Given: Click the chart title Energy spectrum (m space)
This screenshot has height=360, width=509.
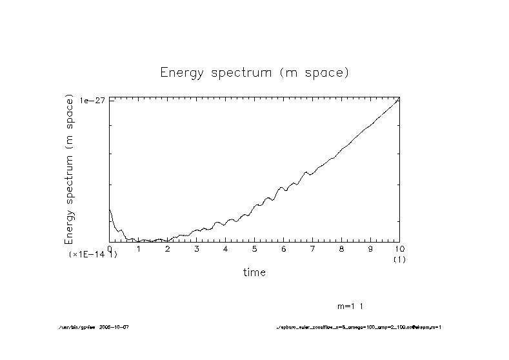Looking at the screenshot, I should tap(254, 72).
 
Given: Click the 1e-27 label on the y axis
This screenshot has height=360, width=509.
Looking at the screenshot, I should tap(93, 101).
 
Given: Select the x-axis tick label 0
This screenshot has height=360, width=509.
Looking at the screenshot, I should tap(110, 248).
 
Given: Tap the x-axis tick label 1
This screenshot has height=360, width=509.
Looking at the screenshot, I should tap(139, 248).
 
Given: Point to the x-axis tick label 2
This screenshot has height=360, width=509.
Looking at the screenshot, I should tap(168, 248).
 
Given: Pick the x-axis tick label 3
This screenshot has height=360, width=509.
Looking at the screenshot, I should tap(197, 248).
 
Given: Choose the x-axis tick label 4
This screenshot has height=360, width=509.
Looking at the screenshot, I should tap(226, 248).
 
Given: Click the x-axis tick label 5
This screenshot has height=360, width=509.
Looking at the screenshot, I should tap(255, 248).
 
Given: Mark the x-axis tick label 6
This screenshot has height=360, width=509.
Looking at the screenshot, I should tap(284, 248).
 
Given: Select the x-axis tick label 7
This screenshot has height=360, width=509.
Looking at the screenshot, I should tap(313, 248).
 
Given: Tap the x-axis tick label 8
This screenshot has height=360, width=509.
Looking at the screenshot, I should tap(342, 248).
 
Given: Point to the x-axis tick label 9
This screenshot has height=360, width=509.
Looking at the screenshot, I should tap(370, 248).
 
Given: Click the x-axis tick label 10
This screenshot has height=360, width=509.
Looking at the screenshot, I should tap(399, 248).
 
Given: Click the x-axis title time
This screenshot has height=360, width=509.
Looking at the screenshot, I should tap(254, 272).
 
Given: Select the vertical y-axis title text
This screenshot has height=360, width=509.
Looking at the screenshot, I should tap(70, 169).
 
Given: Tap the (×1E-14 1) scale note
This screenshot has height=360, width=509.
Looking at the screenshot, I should tap(94, 255).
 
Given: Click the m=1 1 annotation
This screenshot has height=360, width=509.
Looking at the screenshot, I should tap(354, 306).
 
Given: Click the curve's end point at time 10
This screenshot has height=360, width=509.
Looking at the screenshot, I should tap(399, 99).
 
